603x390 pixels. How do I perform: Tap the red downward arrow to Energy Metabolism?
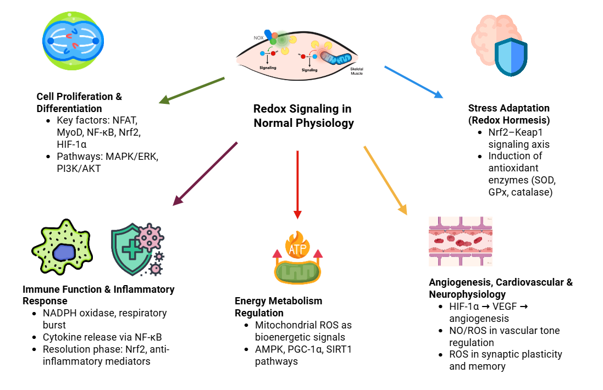297,184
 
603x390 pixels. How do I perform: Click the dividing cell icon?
73,41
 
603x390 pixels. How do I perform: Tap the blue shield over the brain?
511,58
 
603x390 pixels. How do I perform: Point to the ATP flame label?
297,250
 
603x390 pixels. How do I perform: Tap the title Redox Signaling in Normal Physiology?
303,116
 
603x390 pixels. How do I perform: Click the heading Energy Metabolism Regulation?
278,307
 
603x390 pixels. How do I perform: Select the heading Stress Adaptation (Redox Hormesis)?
508,114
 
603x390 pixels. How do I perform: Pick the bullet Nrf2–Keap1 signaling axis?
519,138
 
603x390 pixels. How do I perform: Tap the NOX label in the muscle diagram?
258,38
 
